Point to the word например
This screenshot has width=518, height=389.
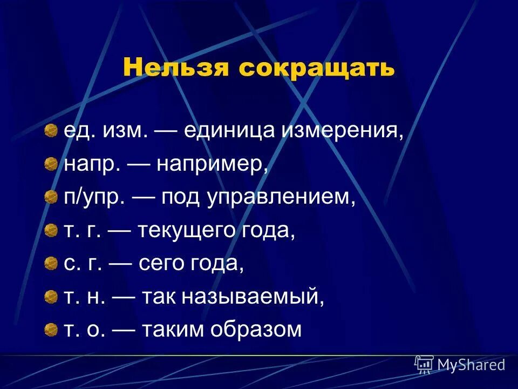pos(213,165)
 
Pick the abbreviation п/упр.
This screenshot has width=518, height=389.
pos(95,198)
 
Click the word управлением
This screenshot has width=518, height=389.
pos(281,198)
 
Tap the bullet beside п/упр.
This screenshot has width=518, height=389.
pos(51,197)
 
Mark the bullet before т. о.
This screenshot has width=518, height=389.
pos(51,328)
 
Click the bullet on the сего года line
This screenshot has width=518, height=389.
pos(51,263)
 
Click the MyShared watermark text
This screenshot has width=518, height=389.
pos(471,365)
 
